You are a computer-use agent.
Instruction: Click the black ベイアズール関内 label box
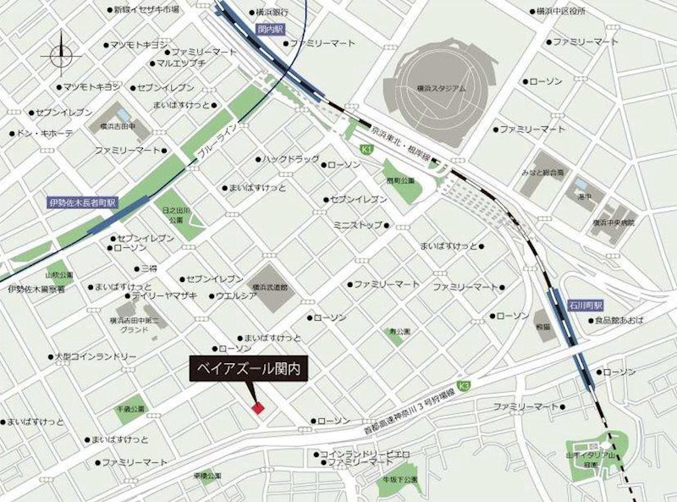(249, 371)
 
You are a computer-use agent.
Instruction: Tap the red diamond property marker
(258, 408)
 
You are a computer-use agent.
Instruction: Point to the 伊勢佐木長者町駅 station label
(81, 204)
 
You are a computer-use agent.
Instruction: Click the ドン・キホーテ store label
(45, 133)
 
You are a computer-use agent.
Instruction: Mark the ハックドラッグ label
(290, 159)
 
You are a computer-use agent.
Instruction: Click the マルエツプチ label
(182, 63)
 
